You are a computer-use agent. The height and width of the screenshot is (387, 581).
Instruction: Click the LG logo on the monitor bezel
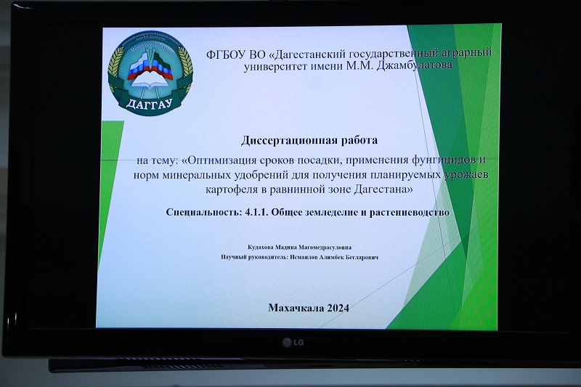coord(293,343)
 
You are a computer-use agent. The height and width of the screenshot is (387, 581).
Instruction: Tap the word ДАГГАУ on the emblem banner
coord(150,103)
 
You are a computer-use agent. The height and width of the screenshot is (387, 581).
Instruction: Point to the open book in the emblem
coord(150,83)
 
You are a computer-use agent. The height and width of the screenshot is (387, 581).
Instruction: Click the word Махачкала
coord(296,308)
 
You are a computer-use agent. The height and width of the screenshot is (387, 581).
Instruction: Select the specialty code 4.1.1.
coord(257,212)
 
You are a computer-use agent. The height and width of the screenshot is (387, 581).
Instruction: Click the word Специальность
coord(204,212)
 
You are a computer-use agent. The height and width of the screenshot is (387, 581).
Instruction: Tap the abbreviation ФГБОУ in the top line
coord(226,54)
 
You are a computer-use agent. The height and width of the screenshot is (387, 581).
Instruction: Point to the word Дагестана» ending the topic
coord(383,190)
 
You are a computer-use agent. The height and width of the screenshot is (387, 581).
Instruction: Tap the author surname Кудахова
coord(261,247)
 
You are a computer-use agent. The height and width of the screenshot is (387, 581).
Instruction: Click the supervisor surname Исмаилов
coord(304,257)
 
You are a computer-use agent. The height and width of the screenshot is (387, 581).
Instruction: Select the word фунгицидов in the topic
coord(443,160)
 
